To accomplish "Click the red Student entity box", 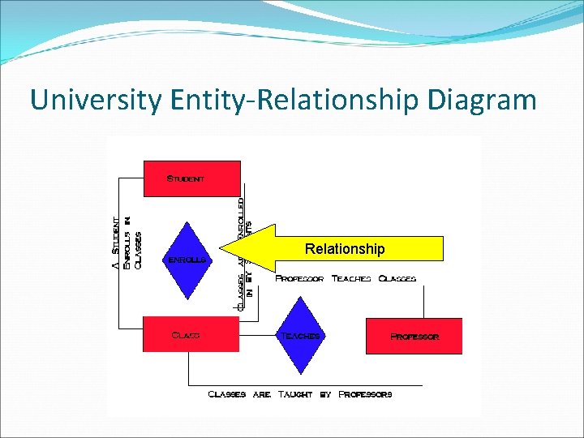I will pos(192,178).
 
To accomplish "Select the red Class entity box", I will pos(191,334).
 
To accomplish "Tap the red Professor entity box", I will pos(414,336).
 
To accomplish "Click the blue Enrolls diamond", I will pos(188,260).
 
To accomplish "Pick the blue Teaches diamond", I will pos(301,335).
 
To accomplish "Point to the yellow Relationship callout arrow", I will pos(349,248).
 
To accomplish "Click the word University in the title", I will pos(97,100).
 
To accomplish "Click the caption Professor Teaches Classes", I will pos(346,278).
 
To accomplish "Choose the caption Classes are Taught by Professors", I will pos(300,394).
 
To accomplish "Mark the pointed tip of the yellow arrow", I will pos(221,248).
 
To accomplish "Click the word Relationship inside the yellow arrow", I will pos(345,248).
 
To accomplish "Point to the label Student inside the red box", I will pos(186,178).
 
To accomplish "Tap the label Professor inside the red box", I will pos(414,336).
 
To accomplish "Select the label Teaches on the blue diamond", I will pos(301,335).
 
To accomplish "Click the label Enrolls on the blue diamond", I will pos(188,260).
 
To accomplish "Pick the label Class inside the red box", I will pos(186,334).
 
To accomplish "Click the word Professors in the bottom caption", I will pos(365,394).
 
